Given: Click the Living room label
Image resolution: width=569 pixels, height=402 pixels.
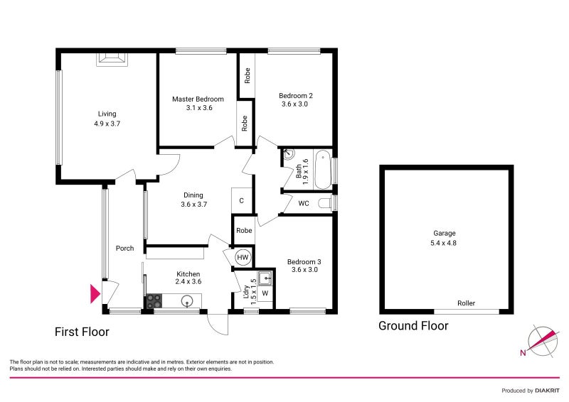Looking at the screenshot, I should (107, 114).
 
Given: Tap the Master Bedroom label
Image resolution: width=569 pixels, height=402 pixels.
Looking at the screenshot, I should (198, 99).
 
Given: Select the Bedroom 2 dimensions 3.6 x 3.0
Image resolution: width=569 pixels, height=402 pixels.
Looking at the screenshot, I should (295, 104).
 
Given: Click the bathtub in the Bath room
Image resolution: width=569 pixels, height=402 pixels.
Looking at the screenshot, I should (322, 169).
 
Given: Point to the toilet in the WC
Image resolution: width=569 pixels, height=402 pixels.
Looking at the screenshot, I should (326, 204).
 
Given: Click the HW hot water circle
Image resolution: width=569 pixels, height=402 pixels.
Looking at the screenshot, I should (243, 257).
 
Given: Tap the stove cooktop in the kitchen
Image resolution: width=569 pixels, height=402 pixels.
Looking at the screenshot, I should (154, 302).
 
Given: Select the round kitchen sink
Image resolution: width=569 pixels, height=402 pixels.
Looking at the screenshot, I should (188, 302).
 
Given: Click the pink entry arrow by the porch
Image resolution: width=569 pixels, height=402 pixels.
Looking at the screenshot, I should (95, 293).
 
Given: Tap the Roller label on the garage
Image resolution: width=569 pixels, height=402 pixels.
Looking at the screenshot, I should (466, 303).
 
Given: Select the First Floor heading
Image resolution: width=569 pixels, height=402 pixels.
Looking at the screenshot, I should (82, 332).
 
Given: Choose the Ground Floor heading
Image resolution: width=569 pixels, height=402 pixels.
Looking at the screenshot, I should (413, 326).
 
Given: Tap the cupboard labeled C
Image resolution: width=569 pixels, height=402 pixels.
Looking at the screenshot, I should (242, 201).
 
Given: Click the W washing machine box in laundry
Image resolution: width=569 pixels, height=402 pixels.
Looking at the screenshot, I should (265, 293).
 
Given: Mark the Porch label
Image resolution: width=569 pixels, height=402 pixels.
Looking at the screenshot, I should (124, 249).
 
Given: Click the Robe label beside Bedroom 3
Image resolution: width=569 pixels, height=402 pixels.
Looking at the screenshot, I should (244, 230).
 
